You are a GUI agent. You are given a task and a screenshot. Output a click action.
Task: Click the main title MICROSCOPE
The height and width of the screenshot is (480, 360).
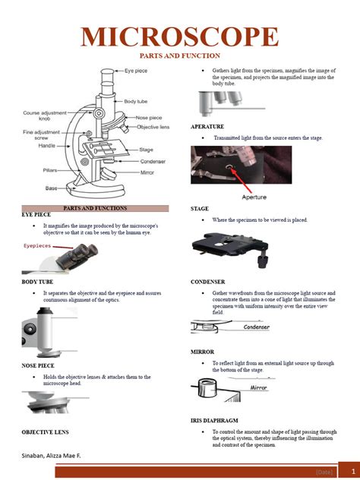pos(179,36)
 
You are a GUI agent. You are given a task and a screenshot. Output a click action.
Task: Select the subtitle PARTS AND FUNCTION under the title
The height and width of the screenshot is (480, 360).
pos(179,56)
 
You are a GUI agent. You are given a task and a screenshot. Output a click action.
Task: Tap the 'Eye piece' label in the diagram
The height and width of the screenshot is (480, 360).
pos(136,71)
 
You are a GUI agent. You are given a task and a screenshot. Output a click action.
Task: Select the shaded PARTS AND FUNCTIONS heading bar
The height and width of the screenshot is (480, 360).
pos(95,207)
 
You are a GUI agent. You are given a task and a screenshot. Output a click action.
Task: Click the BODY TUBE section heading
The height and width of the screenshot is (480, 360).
pos(38,282)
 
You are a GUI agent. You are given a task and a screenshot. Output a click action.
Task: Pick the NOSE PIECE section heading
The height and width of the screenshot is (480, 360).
pos(38,366)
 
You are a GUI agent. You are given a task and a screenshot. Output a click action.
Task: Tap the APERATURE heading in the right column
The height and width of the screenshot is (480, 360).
pos(207,126)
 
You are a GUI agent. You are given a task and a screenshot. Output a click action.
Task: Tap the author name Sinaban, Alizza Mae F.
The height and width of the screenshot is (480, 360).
pos(52,456)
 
